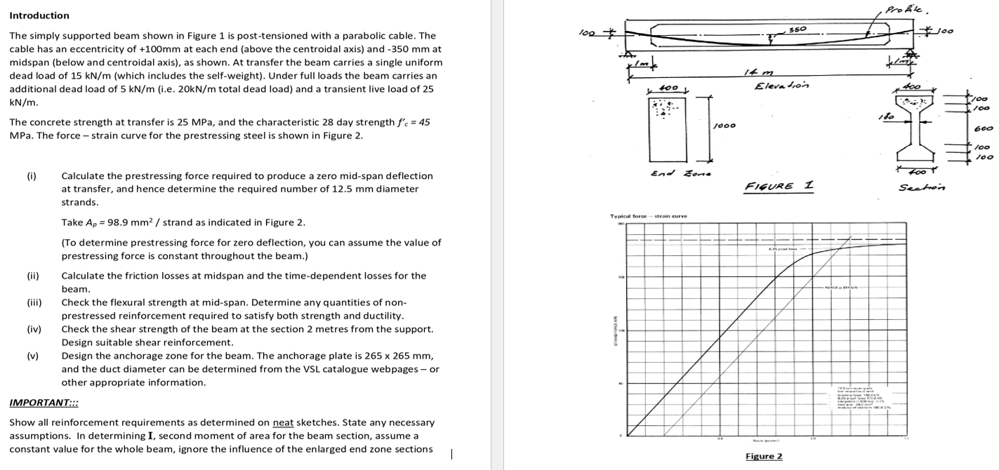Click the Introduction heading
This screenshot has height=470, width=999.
click(39, 15)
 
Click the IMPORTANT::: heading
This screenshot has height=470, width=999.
click(44, 403)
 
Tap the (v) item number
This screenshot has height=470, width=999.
click(32, 356)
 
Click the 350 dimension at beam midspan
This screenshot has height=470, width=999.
click(797, 29)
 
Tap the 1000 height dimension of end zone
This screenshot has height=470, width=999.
click(724, 126)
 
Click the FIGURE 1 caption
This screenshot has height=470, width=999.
click(778, 185)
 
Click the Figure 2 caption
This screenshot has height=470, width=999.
click(763, 457)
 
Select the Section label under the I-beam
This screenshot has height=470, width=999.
click(922, 187)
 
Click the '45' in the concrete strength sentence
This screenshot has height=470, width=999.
click(424, 122)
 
